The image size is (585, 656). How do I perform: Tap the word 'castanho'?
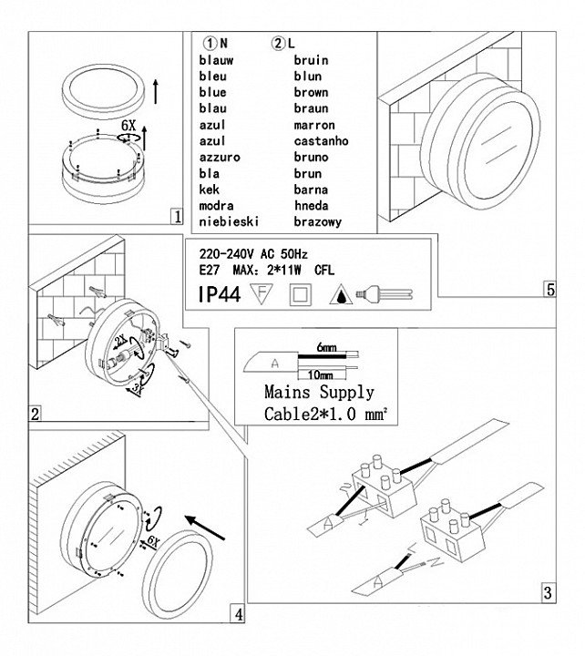[x=321, y=141]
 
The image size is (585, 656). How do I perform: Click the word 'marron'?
[x=314, y=125]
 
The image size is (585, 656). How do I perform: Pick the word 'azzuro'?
[x=220, y=158]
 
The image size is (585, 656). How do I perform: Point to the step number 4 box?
[x=238, y=615]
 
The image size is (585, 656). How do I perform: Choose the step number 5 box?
[x=549, y=290]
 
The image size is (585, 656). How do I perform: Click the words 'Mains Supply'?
[x=319, y=394]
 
